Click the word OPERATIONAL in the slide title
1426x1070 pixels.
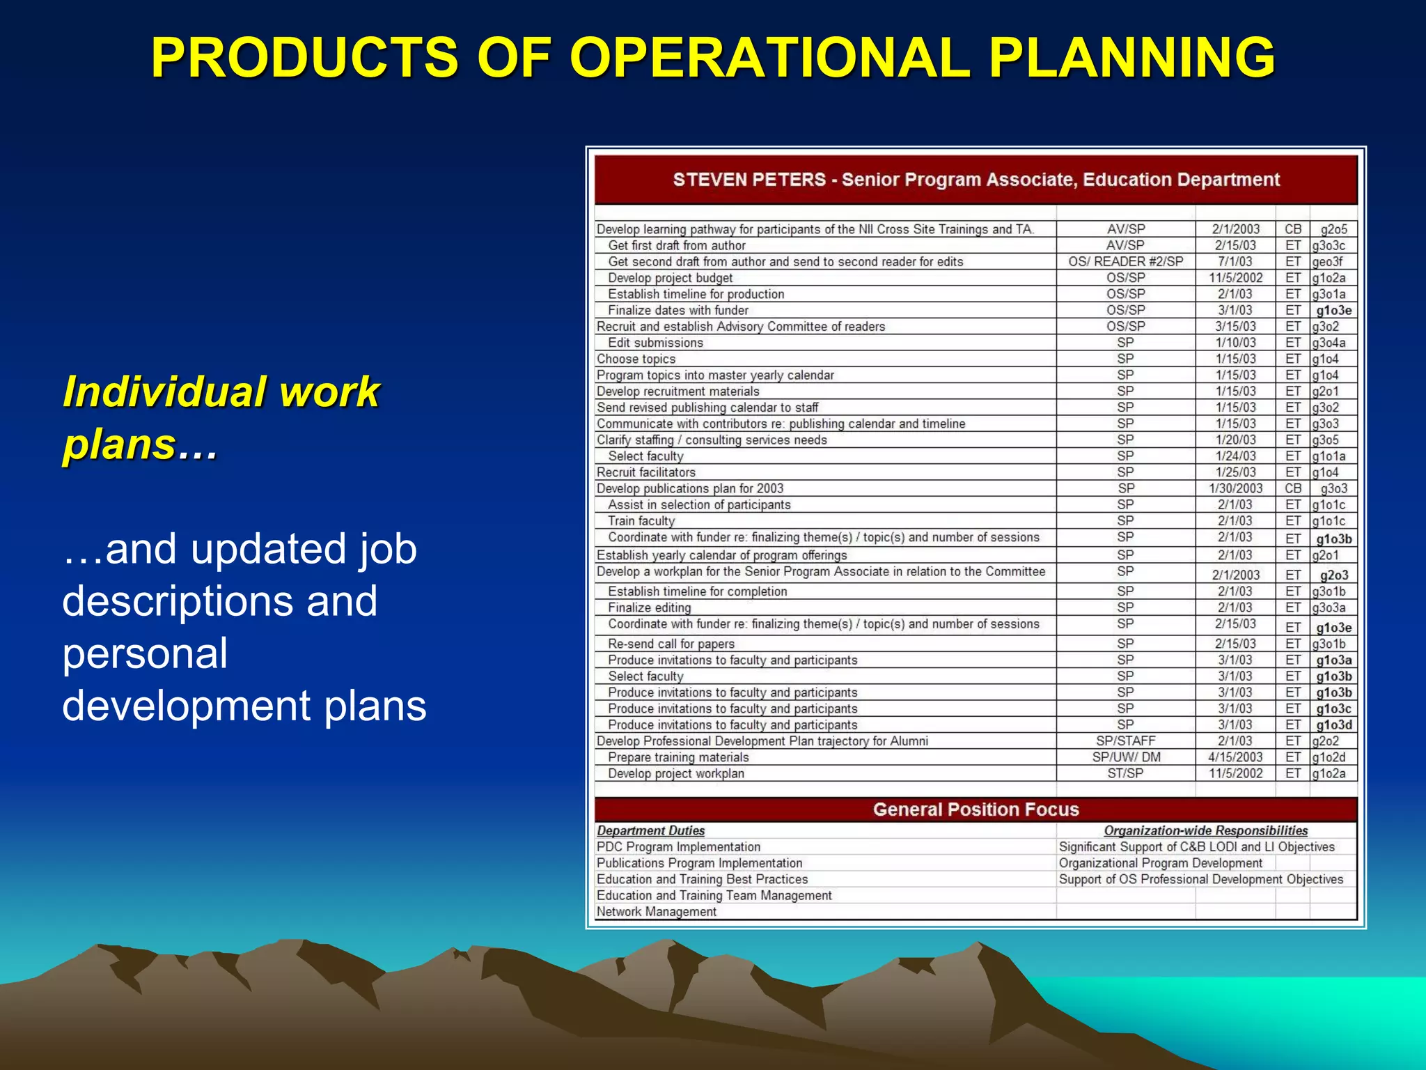point(770,57)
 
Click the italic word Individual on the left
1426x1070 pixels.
point(164,391)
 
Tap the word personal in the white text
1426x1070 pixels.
point(145,653)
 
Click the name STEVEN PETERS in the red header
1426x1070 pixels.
point(749,180)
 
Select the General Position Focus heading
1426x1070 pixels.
point(976,809)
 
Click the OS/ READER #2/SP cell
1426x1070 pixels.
point(1125,262)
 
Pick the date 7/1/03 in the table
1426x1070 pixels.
point(1235,262)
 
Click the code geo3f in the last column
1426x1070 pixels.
point(1327,262)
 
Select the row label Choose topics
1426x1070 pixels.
point(636,359)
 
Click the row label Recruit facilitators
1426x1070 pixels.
point(645,472)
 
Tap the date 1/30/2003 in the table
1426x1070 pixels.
point(1235,488)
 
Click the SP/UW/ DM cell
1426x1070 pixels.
point(1125,757)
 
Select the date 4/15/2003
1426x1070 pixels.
point(1235,757)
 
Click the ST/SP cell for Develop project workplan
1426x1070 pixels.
point(1125,773)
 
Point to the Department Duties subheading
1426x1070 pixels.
point(650,830)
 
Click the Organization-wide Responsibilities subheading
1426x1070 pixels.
point(1205,830)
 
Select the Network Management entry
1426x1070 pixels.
point(656,912)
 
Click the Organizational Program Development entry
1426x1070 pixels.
point(1160,863)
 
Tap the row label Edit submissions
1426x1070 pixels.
point(655,343)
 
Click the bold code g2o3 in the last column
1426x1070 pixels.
point(1333,575)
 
